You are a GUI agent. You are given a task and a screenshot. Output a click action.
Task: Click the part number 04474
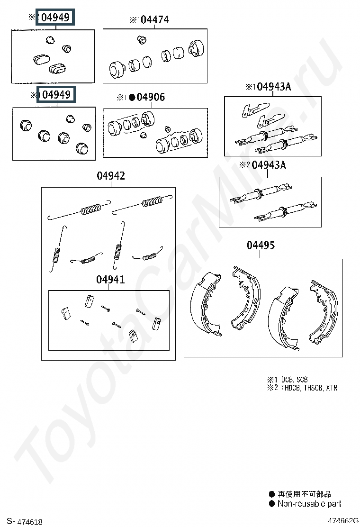click(x=155, y=20)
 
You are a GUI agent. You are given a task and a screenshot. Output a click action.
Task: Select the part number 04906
click(x=151, y=97)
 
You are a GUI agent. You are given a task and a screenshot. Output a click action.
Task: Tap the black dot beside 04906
click(x=132, y=98)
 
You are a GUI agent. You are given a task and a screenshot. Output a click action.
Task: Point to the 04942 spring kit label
click(x=111, y=175)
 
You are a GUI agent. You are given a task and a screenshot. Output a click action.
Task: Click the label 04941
click(x=110, y=279)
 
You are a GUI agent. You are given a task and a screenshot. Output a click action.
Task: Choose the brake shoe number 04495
click(x=261, y=245)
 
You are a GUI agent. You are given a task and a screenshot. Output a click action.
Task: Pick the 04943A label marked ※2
click(x=269, y=165)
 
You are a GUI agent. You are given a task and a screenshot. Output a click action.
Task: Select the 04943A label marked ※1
click(x=274, y=87)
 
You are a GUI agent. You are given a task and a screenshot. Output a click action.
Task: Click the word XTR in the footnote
click(x=332, y=388)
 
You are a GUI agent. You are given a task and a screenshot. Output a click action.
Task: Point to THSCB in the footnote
click(x=313, y=388)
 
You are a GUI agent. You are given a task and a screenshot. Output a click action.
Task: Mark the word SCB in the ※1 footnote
click(x=302, y=380)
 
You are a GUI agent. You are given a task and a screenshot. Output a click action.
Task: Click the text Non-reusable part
click(x=309, y=503)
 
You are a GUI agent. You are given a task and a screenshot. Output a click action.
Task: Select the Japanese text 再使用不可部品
click(x=304, y=494)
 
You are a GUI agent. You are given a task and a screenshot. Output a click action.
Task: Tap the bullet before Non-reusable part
click(x=272, y=503)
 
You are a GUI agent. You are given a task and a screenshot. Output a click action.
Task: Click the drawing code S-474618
click(x=25, y=521)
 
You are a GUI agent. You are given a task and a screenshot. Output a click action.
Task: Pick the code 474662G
click(x=343, y=521)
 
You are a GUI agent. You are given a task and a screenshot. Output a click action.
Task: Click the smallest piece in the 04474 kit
click(x=142, y=40)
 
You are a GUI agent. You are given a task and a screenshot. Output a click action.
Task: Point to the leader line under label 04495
click(x=260, y=254)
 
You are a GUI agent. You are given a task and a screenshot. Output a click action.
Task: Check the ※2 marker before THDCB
click(x=273, y=388)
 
